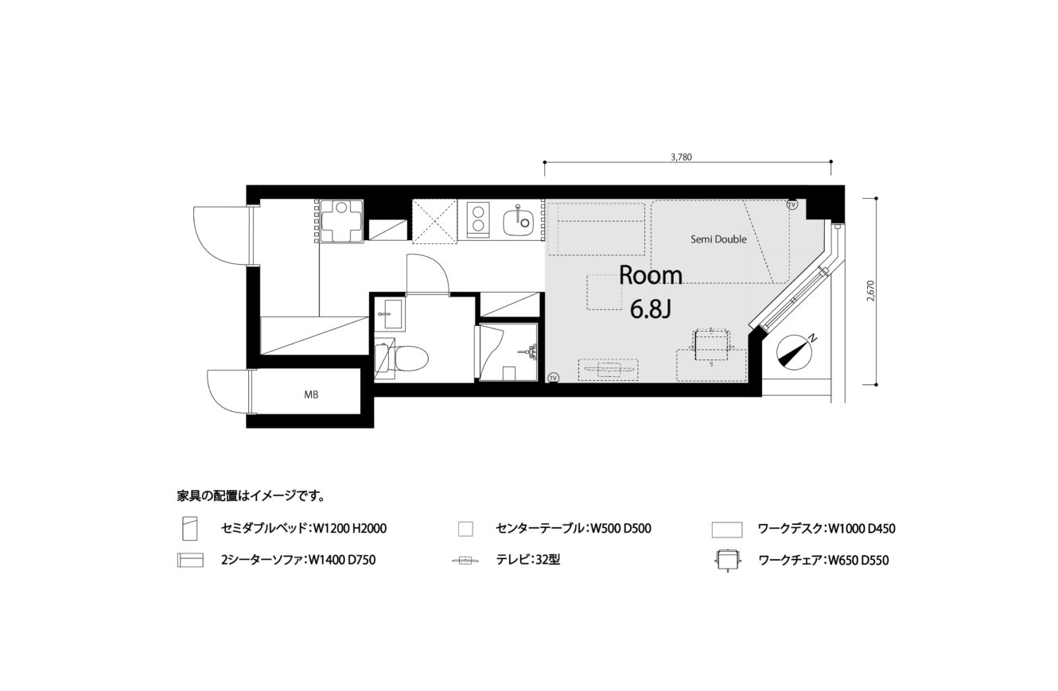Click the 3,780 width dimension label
click(x=681, y=157)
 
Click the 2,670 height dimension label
click(x=871, y=291)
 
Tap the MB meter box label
click(x=311, y=394)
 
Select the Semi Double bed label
click(x=718, y=239)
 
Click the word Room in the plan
click(x=651, y=276)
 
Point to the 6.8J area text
click(x=651, y=309)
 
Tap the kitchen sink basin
click(x=519, y=223)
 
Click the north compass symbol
click(x=794, y=352)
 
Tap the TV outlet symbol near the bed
click(x=792, y=205)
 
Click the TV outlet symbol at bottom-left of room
click(x=553, y=378)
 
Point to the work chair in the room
click(x=711, y=345)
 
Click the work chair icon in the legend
click(x=727, y=561)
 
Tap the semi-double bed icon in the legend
click(x=189, y=529)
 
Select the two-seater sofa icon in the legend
click(x=190, y=559)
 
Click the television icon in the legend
click(x=466, y=561)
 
